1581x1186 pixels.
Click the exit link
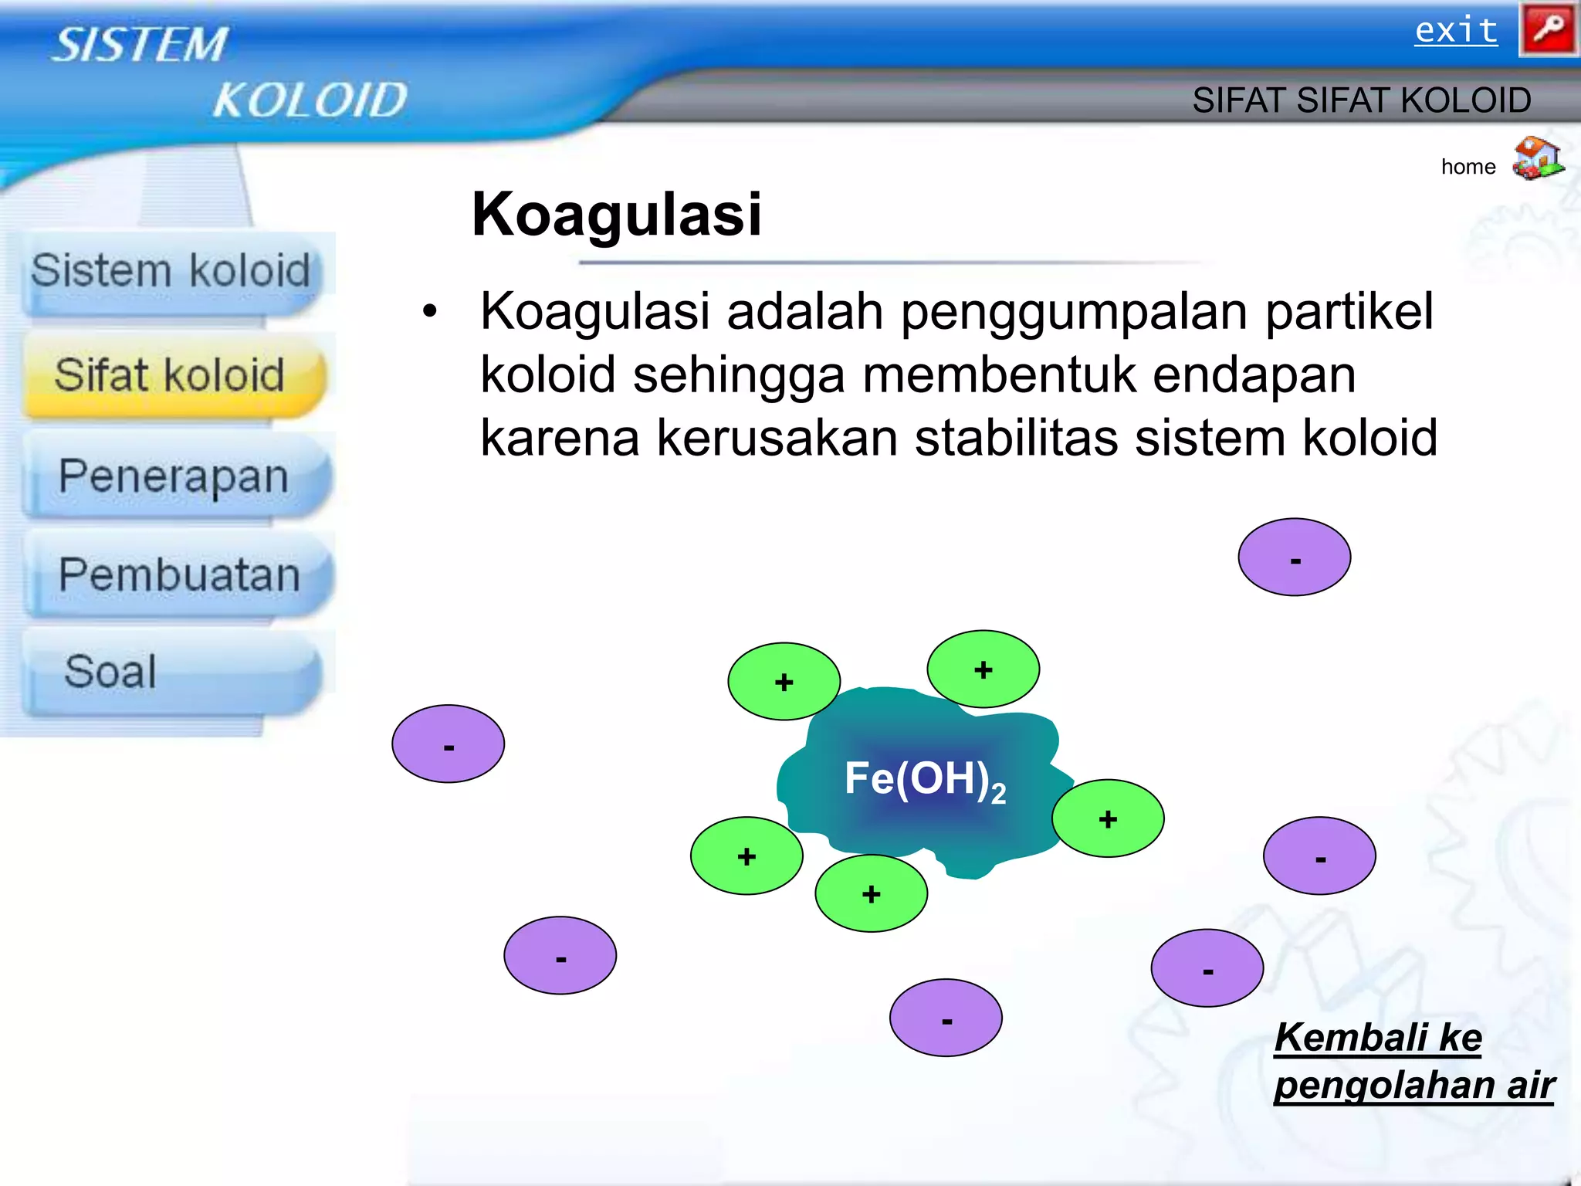(x=1455, y=31)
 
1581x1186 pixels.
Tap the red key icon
(x=1547, y=29)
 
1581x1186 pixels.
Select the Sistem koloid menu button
(x=171, y=272)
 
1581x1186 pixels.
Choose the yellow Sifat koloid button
(x=171, y=375)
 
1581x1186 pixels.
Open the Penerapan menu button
(x=174, y=476)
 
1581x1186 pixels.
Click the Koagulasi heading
(x=616, y=215)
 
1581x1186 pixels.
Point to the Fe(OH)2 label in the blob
(x=924, y=779)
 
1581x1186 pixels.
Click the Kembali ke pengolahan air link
(x=1412, y=1061)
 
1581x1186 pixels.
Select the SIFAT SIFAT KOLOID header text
(x=1360, y=100)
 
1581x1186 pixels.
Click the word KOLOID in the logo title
(x=310, y=100)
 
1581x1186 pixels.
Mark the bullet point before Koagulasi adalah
(x=429, y=312)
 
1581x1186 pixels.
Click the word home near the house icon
(x=1468, y=167)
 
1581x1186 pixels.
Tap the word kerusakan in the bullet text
(x=777, y=438)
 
